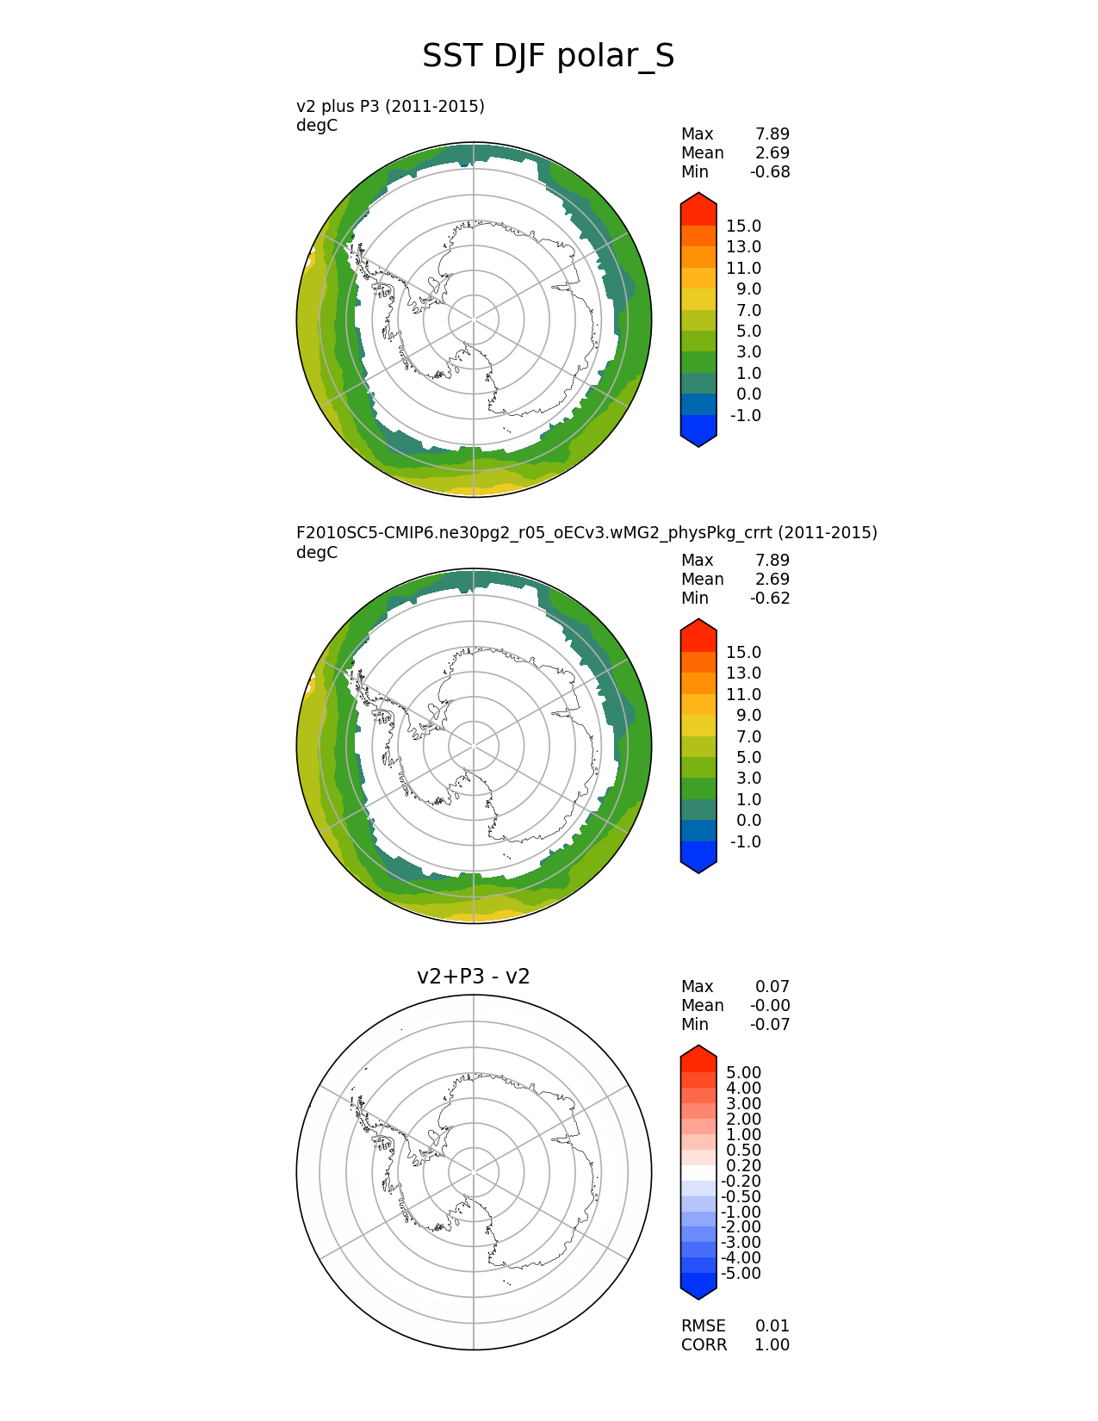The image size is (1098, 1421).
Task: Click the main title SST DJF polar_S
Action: pos(548,57)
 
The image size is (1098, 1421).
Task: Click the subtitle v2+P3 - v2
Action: pos(473,977)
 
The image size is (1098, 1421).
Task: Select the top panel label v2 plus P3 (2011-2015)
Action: pos(390,106)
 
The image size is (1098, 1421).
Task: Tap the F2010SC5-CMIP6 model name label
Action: pos(586,532)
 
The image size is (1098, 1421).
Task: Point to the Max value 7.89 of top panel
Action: pos(772,133)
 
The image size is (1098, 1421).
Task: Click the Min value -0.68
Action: pos(769,171)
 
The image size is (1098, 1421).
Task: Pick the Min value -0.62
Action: pos(769,598)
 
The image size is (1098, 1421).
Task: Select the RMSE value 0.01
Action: pos(772,1325)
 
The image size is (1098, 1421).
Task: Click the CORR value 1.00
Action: pos(772,1344)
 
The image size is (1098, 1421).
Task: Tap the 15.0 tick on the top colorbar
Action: pos(743,226)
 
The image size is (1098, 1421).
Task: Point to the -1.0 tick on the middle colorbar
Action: pos(745,841)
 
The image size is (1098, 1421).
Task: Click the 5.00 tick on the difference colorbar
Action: pos(743,1072)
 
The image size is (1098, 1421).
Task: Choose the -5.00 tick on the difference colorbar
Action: pos(741,1273)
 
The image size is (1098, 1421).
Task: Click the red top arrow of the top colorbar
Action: pos(698,207)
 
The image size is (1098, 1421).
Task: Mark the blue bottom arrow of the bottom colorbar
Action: pos(698,1287)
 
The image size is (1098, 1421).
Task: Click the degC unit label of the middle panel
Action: pos(317,552)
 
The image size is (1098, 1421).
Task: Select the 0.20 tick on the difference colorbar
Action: pos(743,1165)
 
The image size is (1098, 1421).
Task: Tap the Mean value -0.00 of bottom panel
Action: pos(769,1005)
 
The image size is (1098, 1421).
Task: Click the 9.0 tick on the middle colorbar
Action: pos(748,715)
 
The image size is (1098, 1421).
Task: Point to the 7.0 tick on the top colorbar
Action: pos(748,310)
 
